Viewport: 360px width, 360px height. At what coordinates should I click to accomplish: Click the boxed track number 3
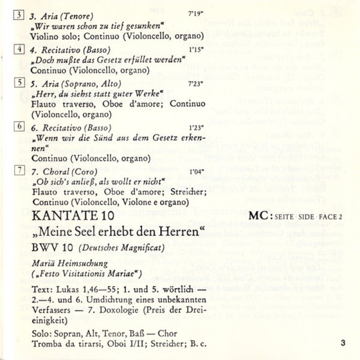(x=19, y=15)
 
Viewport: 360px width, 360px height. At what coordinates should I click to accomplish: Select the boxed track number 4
(x=19, y=49)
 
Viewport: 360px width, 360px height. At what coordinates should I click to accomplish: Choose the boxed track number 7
(x=19, y=170)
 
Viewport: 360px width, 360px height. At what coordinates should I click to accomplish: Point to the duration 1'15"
(x=196, y=49)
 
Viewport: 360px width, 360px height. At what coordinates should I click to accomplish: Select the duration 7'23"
(x=196, y=83)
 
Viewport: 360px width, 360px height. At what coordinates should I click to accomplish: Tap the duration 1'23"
(x=196, y=127)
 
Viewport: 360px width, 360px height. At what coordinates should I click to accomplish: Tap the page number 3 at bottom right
(x=343, y=344)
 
